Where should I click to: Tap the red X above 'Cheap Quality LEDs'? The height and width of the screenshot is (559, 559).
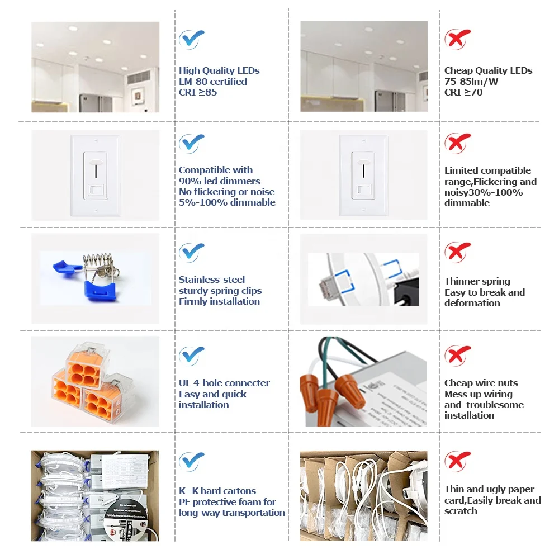pos(457,38)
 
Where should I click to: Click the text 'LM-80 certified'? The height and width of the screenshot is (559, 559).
pos(212,82)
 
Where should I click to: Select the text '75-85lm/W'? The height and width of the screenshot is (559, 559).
pos(471,82)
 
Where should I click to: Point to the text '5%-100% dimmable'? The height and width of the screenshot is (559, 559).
pos(227,202)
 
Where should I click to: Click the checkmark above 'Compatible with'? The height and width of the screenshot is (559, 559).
pos(191,144)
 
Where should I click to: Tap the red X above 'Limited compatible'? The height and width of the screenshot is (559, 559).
pos(457,144)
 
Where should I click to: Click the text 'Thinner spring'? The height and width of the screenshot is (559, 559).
pos(477,281)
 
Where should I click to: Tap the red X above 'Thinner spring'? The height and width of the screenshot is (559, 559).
pos(457,252)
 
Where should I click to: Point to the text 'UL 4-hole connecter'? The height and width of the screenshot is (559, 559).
pos(224,383)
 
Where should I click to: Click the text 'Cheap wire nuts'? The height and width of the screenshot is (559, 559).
pos(481,383)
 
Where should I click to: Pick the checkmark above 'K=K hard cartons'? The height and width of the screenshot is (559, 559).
pos(191,462)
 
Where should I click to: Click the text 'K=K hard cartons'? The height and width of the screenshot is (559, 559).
pos(217,491)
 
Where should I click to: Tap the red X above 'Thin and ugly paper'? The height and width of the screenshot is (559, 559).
pos(457,462)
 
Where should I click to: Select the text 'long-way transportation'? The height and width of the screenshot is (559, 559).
pos(231,513)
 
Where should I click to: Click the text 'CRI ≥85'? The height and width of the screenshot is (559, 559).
pos(198,92)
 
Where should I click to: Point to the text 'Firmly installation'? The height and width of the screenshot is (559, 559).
pos(219,301)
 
